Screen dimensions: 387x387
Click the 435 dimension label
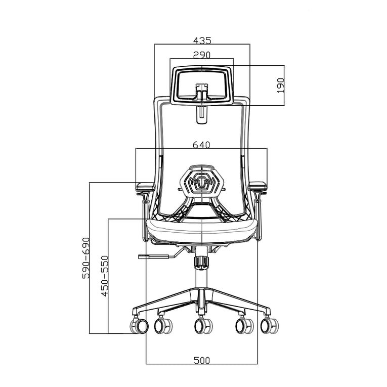[x=202, y=39]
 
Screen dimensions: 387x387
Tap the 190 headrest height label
[x=281, y=85]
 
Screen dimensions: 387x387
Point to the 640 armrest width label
[x=201, y=145]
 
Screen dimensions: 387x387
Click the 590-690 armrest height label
[x=85, y=257]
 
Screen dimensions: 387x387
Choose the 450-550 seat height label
[x=104, y=276]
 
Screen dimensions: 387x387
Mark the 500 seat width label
[x=202, y=360]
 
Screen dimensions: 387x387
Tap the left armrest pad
[x=145, y=186]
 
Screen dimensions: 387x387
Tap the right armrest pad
[x=257, y=186]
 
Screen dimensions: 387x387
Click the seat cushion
[x=202, y=230]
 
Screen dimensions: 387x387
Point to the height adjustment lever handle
[x=152, y=256]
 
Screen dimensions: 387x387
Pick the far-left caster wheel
[x=139, y=326]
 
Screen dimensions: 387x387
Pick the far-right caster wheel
[x=269, y=325]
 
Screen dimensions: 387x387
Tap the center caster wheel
[x=203, y=326]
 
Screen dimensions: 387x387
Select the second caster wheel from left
[x=163, y=326]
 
